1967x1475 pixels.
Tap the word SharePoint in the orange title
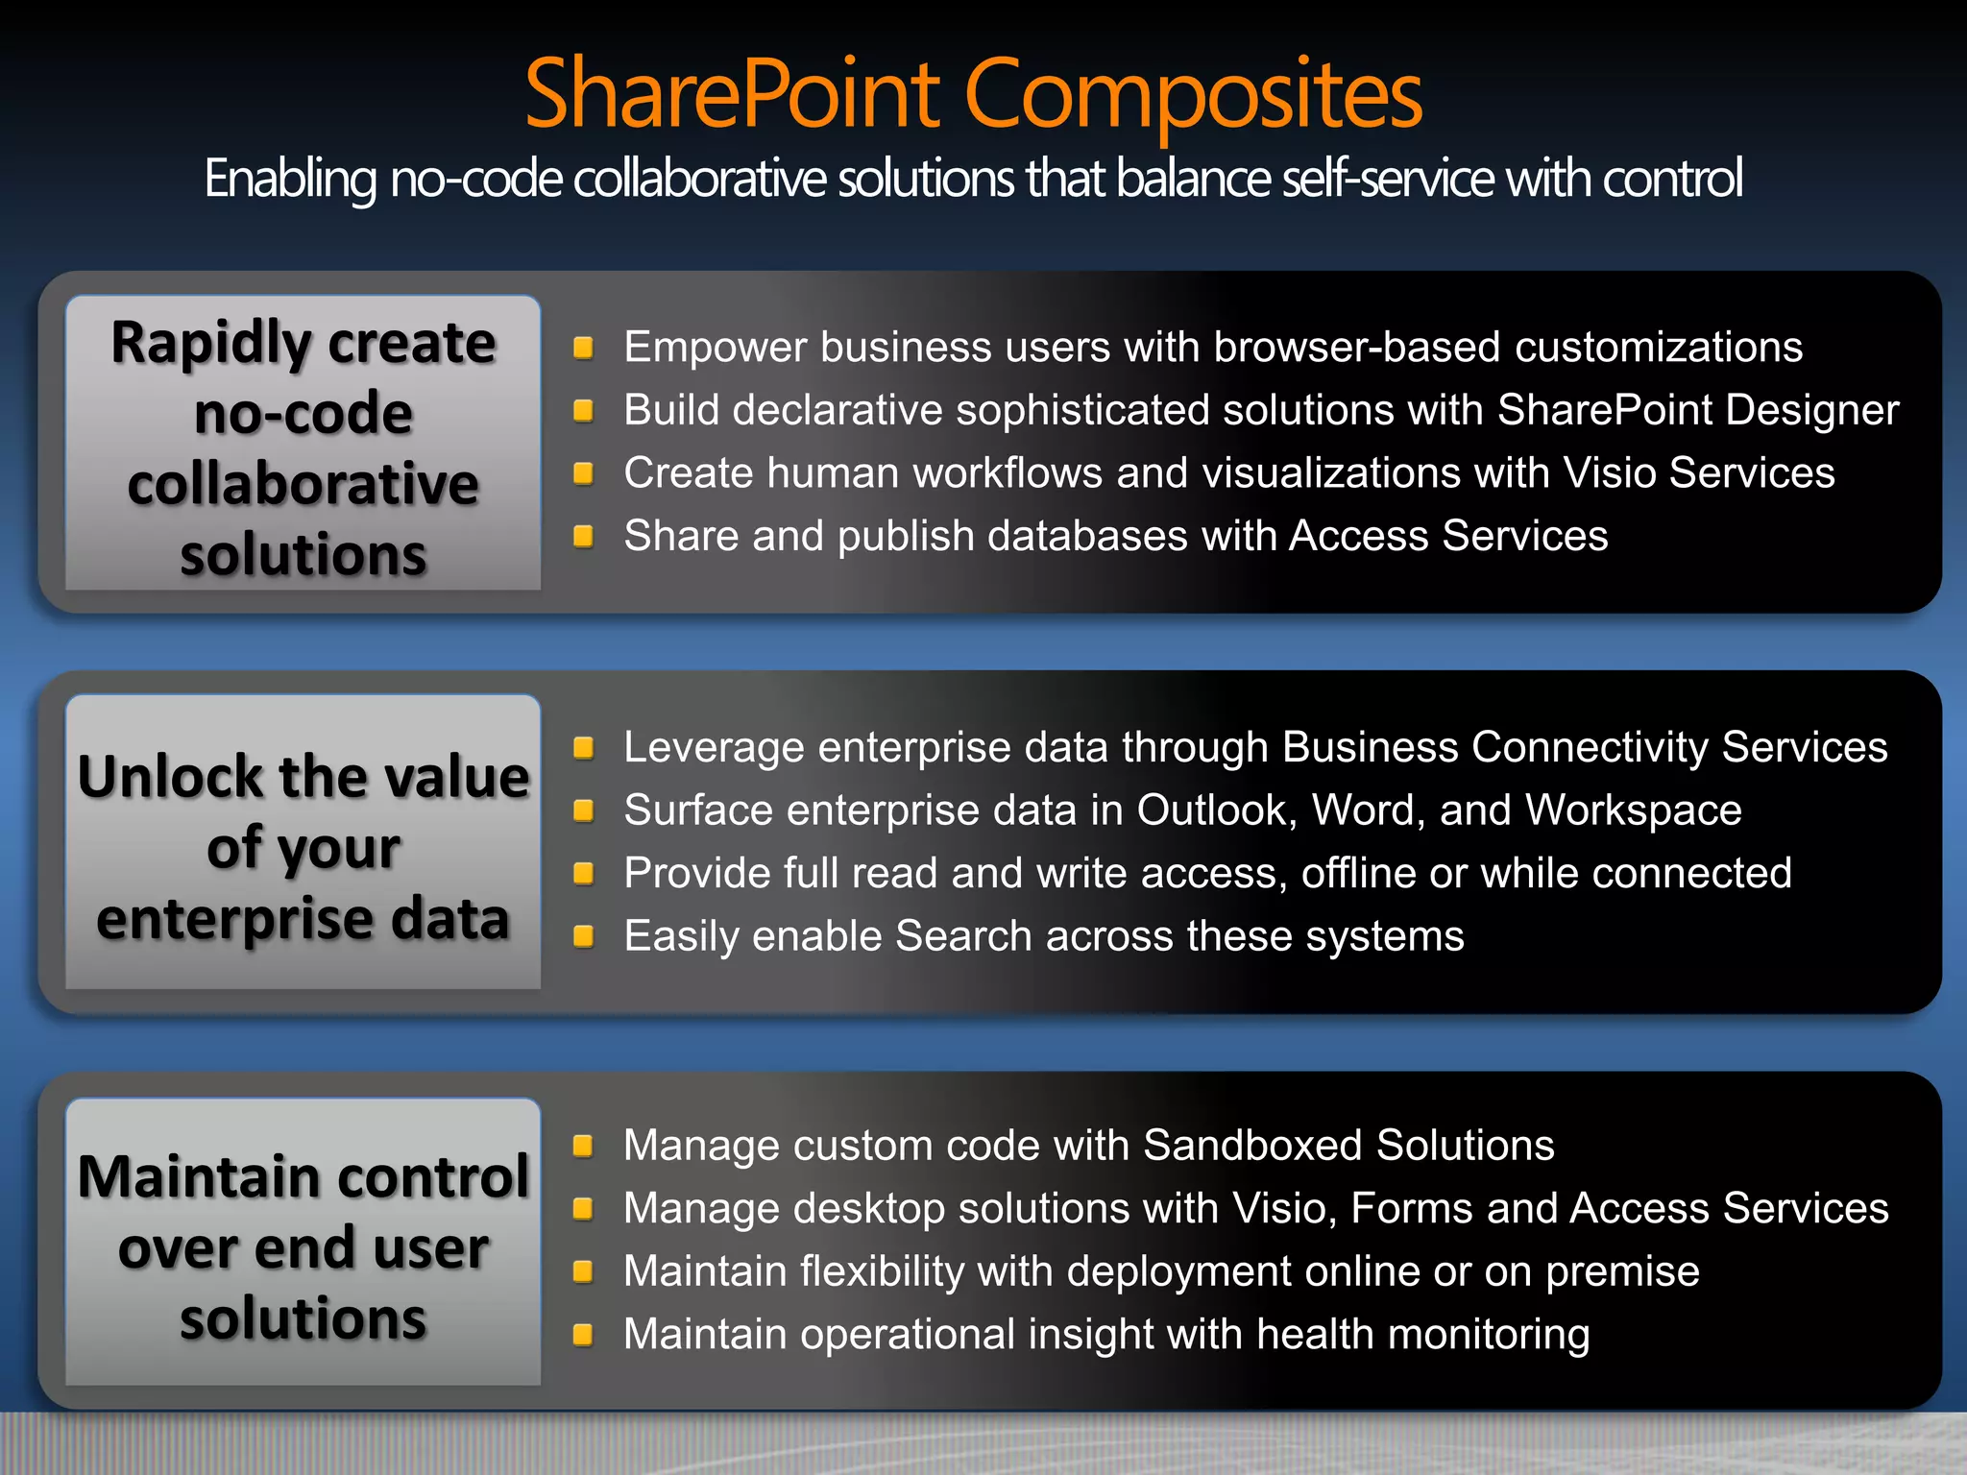point(732,94)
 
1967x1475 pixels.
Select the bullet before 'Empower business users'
point(583,348)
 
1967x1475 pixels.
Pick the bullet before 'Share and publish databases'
point(583,536)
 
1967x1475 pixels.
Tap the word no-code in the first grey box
point(304,414)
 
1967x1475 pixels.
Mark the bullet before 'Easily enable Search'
point(583,936)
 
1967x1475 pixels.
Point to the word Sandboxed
point(1253,1146)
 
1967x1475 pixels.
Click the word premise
point(1622,1272)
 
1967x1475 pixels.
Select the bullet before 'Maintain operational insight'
point(583,1335)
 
